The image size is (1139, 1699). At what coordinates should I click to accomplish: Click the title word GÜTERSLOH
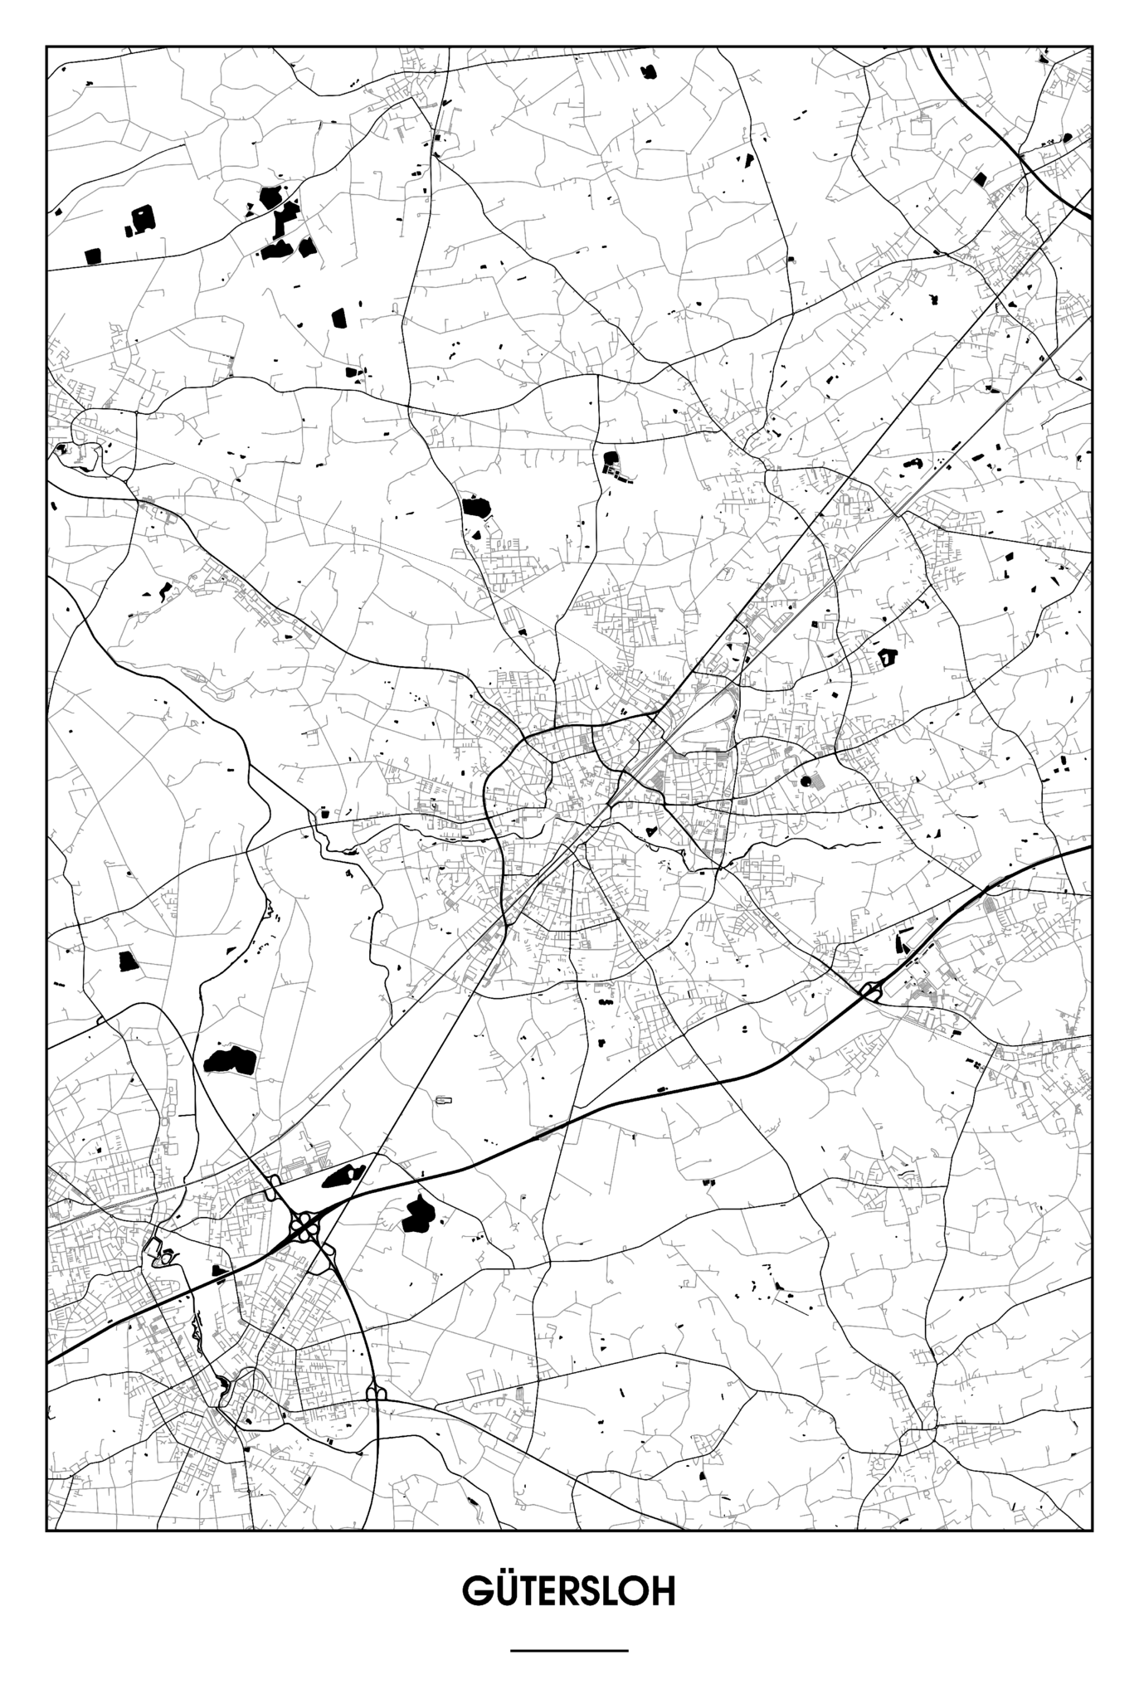click(569, 1590)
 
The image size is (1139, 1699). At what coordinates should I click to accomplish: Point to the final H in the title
click(661, 1591)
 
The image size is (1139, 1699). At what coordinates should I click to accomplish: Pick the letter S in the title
click(591, 1591)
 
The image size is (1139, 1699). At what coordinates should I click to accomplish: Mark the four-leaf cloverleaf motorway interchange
click(304, 1224)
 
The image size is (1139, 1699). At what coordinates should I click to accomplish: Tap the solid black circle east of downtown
click(806, 781)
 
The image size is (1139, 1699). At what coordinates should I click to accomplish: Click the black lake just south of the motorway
click(417, 1216)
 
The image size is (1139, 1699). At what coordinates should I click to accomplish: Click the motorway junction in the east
click(871, 989)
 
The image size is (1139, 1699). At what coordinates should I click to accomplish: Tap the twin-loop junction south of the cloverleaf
click(376, 1391)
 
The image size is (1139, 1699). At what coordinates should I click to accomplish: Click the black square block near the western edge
click(127, 961)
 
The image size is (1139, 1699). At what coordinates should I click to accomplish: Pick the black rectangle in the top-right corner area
click(980, 178)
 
